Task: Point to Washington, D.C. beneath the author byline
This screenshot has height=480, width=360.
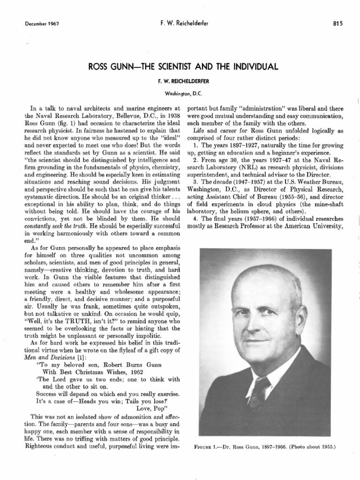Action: (180, 93)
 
